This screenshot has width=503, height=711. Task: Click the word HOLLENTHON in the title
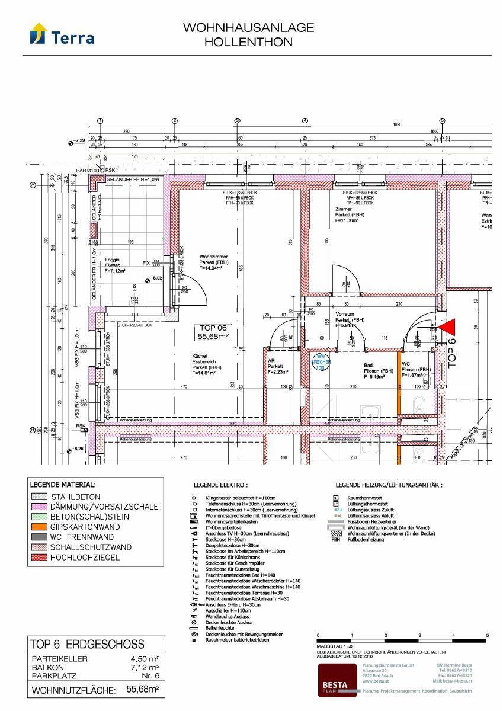coord(248,42)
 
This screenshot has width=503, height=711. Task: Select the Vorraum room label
coord(347,319)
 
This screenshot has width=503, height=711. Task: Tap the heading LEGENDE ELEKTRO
coord(220,485)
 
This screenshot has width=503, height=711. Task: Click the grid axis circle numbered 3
coord(237,120)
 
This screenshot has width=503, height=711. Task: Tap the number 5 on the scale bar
coord(487,635)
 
